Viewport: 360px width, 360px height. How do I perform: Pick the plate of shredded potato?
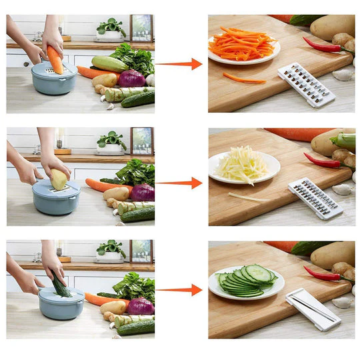(x=244, y=167)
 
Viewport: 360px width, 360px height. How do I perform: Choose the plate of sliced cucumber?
(x=246, y=282)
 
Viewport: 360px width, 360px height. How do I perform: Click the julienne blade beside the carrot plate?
(x=306, y=85)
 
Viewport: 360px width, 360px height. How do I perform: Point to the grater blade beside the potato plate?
(x=315, y=198)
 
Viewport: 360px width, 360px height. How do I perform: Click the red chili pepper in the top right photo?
(x=322, y=45)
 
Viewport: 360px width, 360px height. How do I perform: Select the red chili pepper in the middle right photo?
(x=323, y=161)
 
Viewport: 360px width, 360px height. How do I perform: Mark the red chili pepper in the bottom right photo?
(x=323, y=274)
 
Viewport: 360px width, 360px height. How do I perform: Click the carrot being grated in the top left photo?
(x=55, y=58)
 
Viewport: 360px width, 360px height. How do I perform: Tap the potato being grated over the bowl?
(x=59, y=179)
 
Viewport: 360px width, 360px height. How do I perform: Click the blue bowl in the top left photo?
(x=54, y=82)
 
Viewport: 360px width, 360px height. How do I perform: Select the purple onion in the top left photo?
(x=131, y=78)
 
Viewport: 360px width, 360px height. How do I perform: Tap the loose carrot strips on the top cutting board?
(x=244, y=79)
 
